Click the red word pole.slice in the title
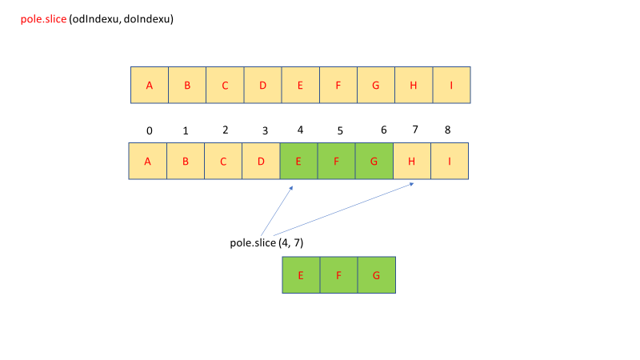click(x=44, y=18)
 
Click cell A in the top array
click(x=150, y=86)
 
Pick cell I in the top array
click(x=451, y=86)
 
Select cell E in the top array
click(x=300, y=86)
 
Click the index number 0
click(x=149, y=130)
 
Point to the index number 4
click(x=300, y=130)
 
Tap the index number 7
click(x=414, y=130)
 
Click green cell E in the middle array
click(x=299, y=161)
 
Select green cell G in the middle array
click(x=374, y=161)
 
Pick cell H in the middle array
click(x=412, y=161)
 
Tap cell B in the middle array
click(x=186, y=161)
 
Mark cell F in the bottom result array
click(x=339, y=275)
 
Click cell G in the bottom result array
click(x=377, y=275)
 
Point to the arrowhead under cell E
click(x=292, y=187)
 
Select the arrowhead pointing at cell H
click(x=412, y=184)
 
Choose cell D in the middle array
click(x=261, y=161)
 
